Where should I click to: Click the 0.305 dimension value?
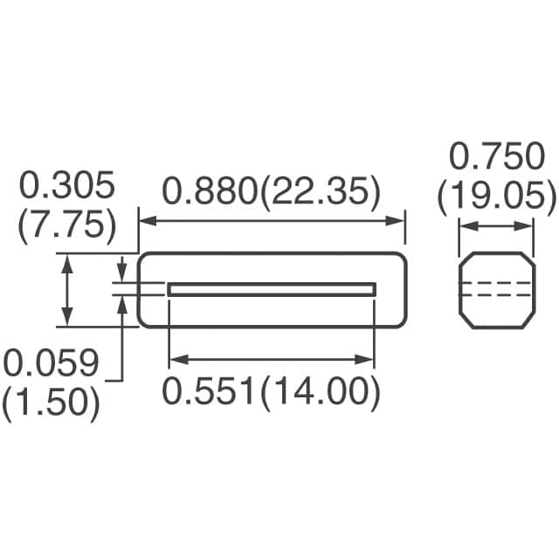click(67, 186)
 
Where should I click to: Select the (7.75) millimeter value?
click(67, 225)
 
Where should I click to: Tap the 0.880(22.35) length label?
click(273, 192)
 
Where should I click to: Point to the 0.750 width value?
click(496, 158)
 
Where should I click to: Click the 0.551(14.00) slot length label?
click(273, 393)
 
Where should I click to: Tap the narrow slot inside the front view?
click(272, 289)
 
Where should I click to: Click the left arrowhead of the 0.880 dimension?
click(145, 221)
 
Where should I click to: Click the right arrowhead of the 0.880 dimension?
click(400, 221)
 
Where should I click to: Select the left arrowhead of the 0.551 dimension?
click(174, 359)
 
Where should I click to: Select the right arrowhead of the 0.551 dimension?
click(369, 359)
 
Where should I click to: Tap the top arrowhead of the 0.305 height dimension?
click(67, 259)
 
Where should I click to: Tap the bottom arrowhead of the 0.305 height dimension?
click(67, 321)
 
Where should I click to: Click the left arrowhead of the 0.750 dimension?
click(465, 226)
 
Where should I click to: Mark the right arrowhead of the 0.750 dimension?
click(527, 226)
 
